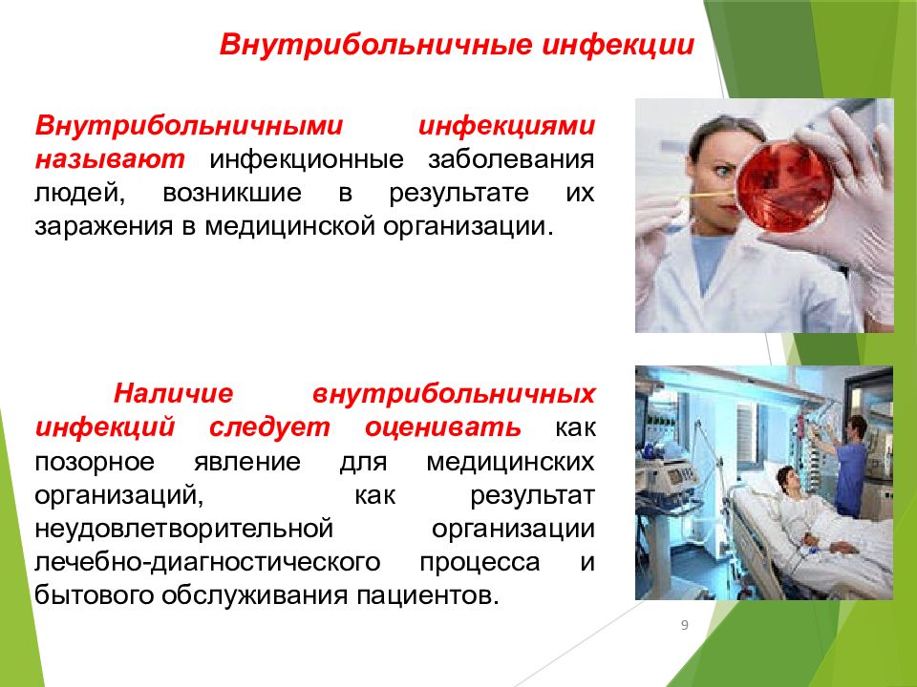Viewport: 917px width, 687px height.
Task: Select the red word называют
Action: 110,159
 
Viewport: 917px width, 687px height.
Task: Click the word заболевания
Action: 511,159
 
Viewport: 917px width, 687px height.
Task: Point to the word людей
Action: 80,194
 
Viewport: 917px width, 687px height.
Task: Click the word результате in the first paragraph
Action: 459,194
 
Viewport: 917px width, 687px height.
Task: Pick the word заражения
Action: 103,227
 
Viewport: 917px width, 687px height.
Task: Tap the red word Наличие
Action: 173,393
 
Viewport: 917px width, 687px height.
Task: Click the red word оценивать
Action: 442,427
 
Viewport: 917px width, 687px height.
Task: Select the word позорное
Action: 95,462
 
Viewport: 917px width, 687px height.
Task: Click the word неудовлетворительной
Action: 183,529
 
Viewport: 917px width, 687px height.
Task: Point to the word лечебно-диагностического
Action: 207,563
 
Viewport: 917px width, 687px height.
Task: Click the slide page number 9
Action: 685,626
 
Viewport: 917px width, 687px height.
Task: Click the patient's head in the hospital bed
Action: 789,478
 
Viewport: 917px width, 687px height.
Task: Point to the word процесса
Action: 480,563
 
